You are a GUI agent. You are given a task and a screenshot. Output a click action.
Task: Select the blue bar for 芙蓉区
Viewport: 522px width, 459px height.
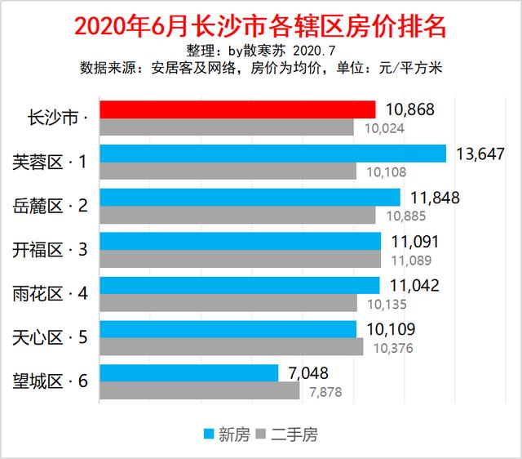272,154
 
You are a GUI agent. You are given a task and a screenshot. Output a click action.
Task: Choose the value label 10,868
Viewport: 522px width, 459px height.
409,109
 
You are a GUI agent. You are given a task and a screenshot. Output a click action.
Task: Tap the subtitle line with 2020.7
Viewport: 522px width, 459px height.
260,51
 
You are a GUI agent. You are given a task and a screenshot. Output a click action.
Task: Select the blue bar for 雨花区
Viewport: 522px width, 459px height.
239,285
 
